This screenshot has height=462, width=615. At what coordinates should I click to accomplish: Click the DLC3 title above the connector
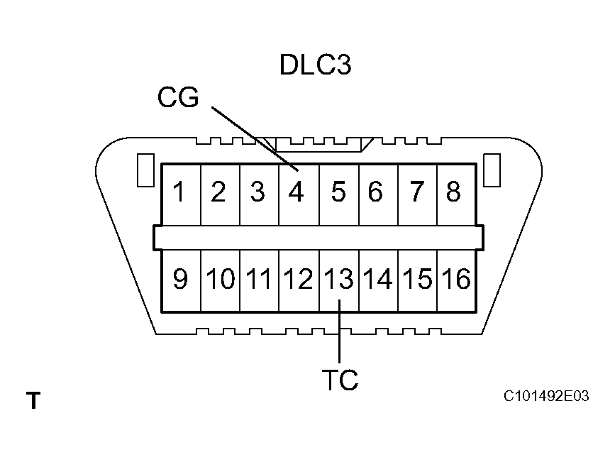pyautogui.click(x=315, y=65)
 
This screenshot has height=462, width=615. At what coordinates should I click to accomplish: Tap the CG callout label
pyautogui.click(x=179, y=99)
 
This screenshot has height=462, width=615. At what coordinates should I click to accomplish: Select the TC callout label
pyautogui.click(x=340, y=381)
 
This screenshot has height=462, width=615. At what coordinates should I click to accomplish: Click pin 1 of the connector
pyautogui.click(x=181, y=192)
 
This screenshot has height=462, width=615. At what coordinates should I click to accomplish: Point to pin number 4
pyautogui.click(x=297, y=192)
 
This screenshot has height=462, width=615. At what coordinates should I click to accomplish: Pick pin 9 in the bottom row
pyautogui.click(x=181, y=280)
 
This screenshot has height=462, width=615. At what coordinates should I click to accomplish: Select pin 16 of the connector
pyautogui.click(x=457, y=280)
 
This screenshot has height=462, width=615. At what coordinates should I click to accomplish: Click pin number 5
pyautogui.click(x=338, y=192)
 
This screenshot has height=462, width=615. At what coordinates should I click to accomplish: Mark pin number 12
pyautogui.click(x=298, y=280)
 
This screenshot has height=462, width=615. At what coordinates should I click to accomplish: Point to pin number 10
pyautogui.click(x=221, y=280)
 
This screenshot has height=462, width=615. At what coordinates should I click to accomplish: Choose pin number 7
pyautogui.click(x=417, y=192)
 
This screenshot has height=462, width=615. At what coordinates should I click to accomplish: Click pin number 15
pyautogui.click(x=418, y=280)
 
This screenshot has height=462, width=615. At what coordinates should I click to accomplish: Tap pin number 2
pyautogui.click(x=218, y=192)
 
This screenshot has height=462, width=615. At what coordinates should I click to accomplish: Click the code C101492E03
pyautogui.click(x=546, y=396)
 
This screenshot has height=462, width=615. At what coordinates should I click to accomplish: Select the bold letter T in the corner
pyautogui.click(x=33, y=401)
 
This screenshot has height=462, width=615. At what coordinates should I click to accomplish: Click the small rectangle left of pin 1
pyautogui.click(x=145, y=171)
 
